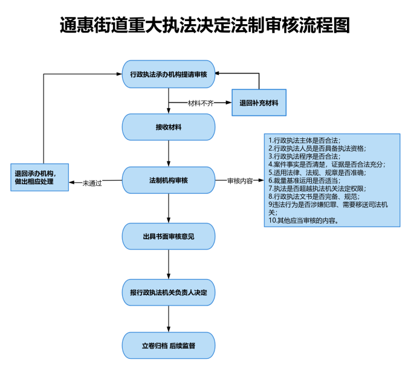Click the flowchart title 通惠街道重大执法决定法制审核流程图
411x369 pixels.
[x=205, y=25]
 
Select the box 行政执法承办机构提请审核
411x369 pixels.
[x=169, y=74]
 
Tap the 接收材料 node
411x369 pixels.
[x=169, y=127]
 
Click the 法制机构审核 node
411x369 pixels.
[x=169, y=180]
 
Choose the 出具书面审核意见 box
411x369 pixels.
[x=169, y=236]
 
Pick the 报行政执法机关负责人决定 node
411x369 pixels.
[x=169, y=292]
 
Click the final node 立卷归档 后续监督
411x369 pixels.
[x=169, y=345]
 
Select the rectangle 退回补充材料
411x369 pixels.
[x=259, y=103]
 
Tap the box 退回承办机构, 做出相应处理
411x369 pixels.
[x=39, y=178]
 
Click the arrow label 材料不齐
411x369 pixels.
[x=201, y=103]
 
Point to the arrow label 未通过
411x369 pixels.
[x=92, y=183]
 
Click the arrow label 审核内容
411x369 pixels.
[x=240, y=181]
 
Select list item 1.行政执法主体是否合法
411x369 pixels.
[x=304, y=140]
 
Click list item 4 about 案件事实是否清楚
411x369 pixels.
[x=327, y=164]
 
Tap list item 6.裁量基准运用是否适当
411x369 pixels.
[x=304, y=181]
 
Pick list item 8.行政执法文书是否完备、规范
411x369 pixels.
[x=314, y=196]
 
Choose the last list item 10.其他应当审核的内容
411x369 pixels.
[x=303, y=220]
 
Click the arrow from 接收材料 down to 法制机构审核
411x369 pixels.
[x=169, y=153]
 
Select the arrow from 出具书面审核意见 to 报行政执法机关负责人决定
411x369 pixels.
[x=169, y=265]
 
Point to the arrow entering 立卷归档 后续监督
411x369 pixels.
[x=169, y=319]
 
